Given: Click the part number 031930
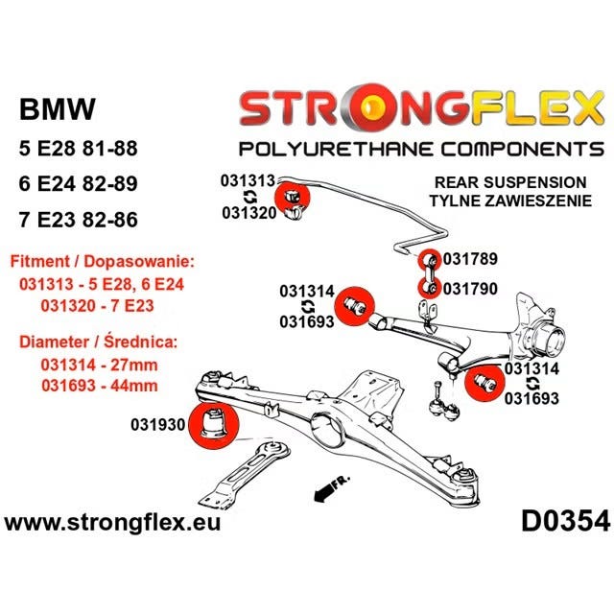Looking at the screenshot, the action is (x=157, y=425).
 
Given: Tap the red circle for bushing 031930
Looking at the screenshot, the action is (x=213, y=426).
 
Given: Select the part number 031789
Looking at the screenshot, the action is (x=470, y=259).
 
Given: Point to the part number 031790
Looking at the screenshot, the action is (x=470, y=289).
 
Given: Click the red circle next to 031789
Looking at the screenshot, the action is (x=429, y=260).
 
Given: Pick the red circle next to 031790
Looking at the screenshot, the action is (x=429, y=288).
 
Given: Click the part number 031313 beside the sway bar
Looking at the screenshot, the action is (x=248, y=181).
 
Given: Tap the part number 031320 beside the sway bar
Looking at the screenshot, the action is (x=249, y=213).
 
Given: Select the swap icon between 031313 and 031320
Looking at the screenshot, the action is (x=249, y=197).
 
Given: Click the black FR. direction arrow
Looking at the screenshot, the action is (x=323, y=494).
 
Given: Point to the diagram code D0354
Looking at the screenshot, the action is (x=565, y=522).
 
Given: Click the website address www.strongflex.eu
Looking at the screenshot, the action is (x=112, y=523).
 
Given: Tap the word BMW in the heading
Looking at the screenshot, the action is (x=58, y=108).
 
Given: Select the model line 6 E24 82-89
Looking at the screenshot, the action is (x=79, y=184).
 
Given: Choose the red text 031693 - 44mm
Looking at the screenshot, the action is (x=100, y=386).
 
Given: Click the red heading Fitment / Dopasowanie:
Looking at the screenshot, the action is (x=102, y=262).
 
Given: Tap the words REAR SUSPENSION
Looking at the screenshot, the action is (x=510, y=182).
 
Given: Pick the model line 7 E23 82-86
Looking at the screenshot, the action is (x=79, y=220).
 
